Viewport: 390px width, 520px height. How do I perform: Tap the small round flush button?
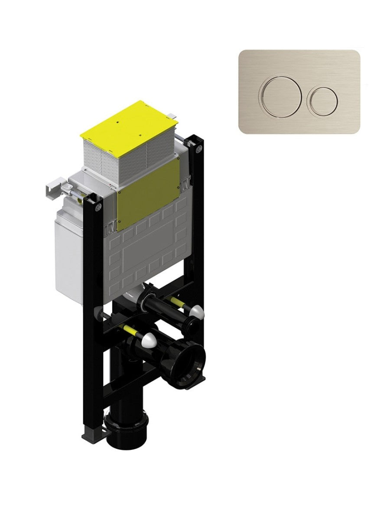(x=322, y=102)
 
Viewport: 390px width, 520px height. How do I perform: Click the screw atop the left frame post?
(x=98, y=208)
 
